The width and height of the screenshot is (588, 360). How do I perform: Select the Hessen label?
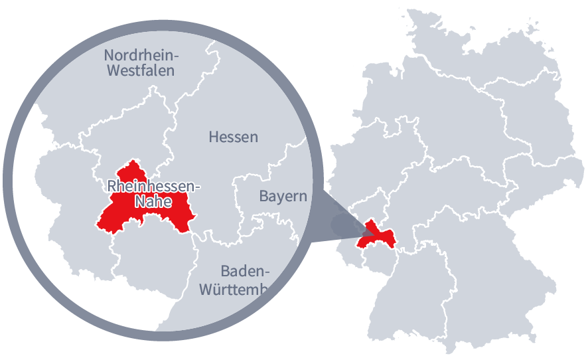233,137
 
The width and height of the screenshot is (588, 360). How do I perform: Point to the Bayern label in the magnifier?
283,197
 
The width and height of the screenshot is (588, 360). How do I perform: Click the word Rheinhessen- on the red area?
153,186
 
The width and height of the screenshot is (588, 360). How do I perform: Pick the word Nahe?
153,201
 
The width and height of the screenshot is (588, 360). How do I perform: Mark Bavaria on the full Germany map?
491,266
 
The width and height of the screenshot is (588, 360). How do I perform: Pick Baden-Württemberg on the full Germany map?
425,292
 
